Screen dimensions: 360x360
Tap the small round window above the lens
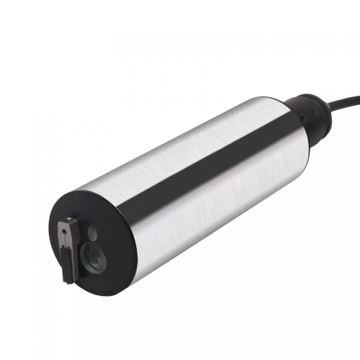pyautogui.click(x=91, y=233)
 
